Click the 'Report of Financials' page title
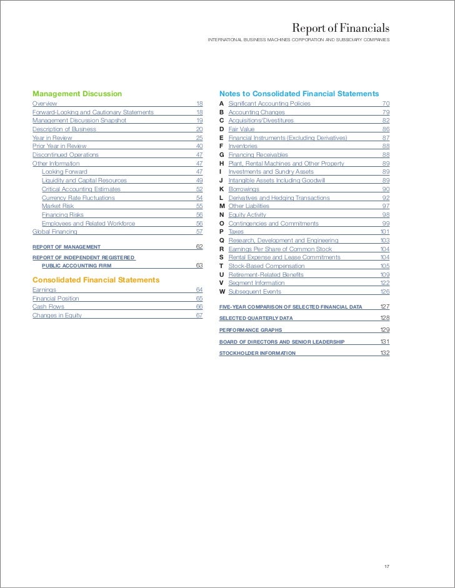point(341,29)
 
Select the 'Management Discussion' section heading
point(77,94)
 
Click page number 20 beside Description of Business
point(199,129)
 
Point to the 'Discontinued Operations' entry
point(65,154)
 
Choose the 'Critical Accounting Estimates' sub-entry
point(81,189)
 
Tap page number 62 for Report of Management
point(199,247)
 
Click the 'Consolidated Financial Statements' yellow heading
point(96,279)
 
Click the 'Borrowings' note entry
point(244,189)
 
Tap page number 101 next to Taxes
point(384,231)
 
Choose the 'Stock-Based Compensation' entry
point(266,266)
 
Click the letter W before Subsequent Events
point(222,291)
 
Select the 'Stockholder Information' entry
point(257,354)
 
